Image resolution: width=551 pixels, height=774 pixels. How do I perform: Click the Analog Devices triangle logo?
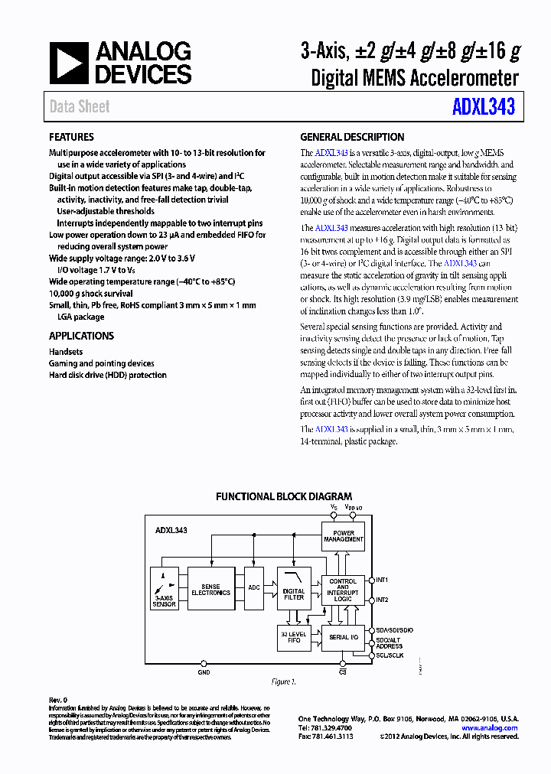pyautogui.click(x=69, y=63)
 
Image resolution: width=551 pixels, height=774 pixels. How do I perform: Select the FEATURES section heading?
pyautogui.click(x=72, y=138)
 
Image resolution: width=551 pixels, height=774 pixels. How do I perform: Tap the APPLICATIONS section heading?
pyautogui.click(x=81, y=336)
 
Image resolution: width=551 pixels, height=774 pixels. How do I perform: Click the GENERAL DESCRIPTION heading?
pyautogui.click(x=352, y=138)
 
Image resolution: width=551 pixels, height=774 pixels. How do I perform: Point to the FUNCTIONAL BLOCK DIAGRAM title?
pyautogui.click(x=284, y=496)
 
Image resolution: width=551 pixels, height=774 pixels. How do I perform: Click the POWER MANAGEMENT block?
pyautogui.click(x=344, y=536)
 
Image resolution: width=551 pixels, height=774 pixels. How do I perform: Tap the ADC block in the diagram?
pyautogui.click(x=254, y=588)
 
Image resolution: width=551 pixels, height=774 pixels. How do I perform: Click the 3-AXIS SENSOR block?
pyautogui.click(x=164, y=589)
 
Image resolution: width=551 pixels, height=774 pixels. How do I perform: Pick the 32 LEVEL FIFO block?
pyautogui.click(x=294, y=636)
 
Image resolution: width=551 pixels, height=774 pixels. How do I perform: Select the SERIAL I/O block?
pyautogui.click(x=343, y=637)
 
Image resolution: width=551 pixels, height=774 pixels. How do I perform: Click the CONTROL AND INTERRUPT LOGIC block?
pyautogui.click(x=343, y=591)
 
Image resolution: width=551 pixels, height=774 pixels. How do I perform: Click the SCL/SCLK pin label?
pyautogui.click(x=390, y=655)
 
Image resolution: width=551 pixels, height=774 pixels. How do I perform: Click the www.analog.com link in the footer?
pyautogui.click(x=490, y=728)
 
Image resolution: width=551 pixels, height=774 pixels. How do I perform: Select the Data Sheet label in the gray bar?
pyautogui.click(x=80, y=107)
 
